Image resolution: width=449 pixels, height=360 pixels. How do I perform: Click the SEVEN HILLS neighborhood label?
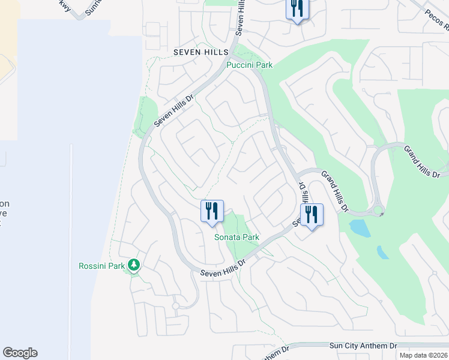click(x=201, y=53)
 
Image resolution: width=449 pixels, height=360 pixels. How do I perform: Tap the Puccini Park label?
click(x=249, y=65)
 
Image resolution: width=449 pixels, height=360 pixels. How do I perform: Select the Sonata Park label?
click(x=237, y=237)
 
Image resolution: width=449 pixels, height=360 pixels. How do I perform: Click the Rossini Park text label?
click(x=101, y=265)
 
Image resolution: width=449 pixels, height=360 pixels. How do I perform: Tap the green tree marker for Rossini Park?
click(x=134, y=265)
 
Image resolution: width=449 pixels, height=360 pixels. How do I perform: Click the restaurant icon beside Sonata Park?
click(x=212, y=212)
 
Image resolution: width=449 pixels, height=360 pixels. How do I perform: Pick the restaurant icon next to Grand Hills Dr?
click(x=312, y=215)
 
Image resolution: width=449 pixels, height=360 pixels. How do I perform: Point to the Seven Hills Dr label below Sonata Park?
click(x=224, y=268)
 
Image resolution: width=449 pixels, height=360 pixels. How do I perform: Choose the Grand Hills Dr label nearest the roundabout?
click(x=334, y=191)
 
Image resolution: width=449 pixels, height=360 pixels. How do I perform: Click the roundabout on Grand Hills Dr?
click(x=379, y=211)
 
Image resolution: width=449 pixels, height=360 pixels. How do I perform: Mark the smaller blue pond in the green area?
click(x=382, y=251)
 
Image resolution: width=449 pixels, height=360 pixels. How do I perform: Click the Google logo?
click(x=20, y=353)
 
